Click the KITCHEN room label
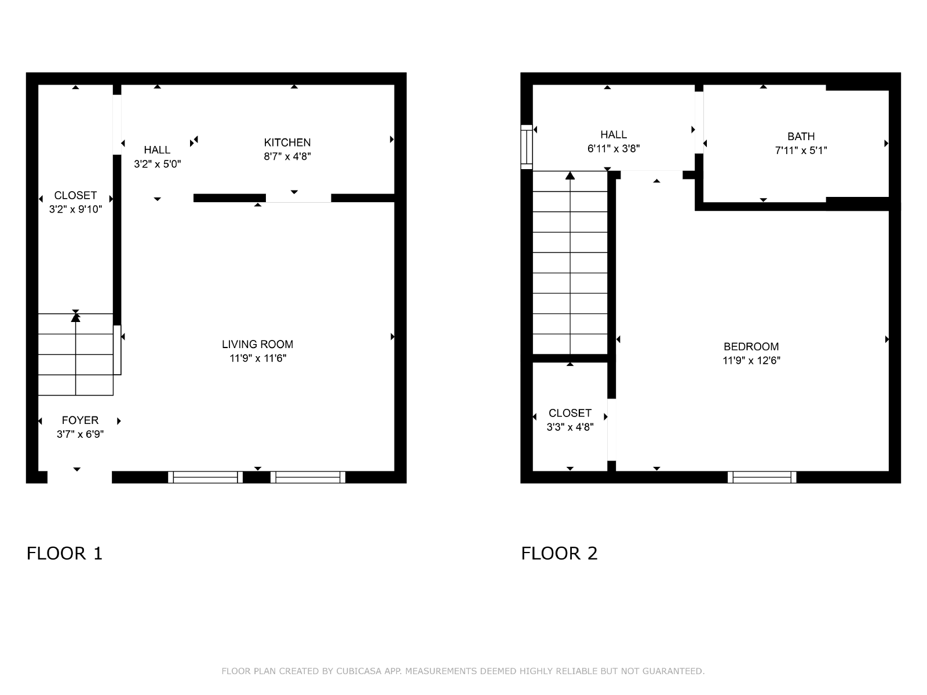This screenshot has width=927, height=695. click(x=287, y=142)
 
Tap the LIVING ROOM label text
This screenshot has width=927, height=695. click(x=258, y=345)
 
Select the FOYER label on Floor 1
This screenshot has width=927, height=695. click(x=80, y=420)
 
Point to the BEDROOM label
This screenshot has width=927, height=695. click(x=751, y=346)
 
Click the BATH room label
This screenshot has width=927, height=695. click(x=801, y=136)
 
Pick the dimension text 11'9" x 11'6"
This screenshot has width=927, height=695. click(x=258, y=359)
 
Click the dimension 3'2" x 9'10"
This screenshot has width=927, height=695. click(x=75, y=209)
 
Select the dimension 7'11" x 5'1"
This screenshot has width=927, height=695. click(x=801, y=150)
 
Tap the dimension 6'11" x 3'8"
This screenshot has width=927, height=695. click(x=614, y=148)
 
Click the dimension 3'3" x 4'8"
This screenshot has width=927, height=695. click(x=570, y=427)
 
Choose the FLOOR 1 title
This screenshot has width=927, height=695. click(x=65, y=553)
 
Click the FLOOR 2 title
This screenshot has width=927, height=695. click(x=560, y=553)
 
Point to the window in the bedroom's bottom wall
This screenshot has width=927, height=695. click(x=762, y=477)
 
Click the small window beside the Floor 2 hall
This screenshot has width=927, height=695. click(x=527, y=147)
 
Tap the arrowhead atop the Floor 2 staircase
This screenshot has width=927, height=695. click(x=570, y=175)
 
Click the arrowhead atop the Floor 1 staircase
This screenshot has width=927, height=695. click(x=75, y=317)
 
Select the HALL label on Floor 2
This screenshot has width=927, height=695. click(x=614, y=134)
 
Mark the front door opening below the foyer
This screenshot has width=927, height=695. click(x=79, y=477)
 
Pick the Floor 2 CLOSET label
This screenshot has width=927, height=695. click(x=570, y=413)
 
